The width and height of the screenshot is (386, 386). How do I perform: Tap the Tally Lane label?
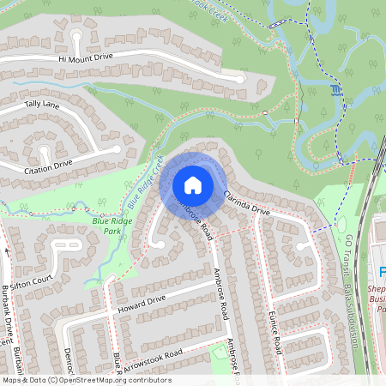pyautogui.click(x=42, y=105)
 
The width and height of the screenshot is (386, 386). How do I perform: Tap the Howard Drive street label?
pyautogui.click(x=142, y=300)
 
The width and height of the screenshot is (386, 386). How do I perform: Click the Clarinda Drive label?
pyautogui.click(x=247, y=202)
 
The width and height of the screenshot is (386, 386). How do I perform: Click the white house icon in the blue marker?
pyautogui.click(x=193, y=184)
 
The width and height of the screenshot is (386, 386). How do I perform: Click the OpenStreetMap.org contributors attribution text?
pyautogui.click(x=112, y=379)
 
